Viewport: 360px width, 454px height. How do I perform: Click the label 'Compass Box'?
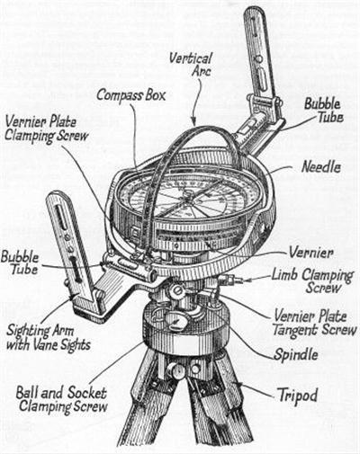[x=130, y=95]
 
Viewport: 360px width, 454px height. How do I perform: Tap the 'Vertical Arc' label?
[x=191, y=64]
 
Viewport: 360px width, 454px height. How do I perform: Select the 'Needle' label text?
[x=321, y=167]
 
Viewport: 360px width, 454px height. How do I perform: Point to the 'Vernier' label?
[x=310, y=254]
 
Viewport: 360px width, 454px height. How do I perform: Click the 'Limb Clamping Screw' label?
[x=312, y=281]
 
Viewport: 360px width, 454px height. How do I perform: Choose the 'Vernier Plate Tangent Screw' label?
[x=314, y=324]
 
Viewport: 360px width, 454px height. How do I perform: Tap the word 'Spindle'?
[x=296, y=355]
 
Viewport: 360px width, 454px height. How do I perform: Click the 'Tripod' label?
[x=297, y=396]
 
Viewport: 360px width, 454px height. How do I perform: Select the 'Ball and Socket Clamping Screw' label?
[x=61, y=400]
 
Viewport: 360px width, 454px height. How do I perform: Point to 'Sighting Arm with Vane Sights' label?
[x=49, y=338]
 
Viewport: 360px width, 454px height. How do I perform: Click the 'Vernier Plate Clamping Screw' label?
[x=47, y=129]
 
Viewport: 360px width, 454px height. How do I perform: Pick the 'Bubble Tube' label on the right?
[x=324, y=111]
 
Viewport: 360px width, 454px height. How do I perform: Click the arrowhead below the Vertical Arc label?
[x=194, y=122]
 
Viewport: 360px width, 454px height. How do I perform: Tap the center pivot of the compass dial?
[x=188, y=197]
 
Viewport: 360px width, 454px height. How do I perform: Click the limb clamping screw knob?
[x=228, y=280]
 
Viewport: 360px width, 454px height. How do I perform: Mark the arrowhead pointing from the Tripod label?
[x=238, y=383]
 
